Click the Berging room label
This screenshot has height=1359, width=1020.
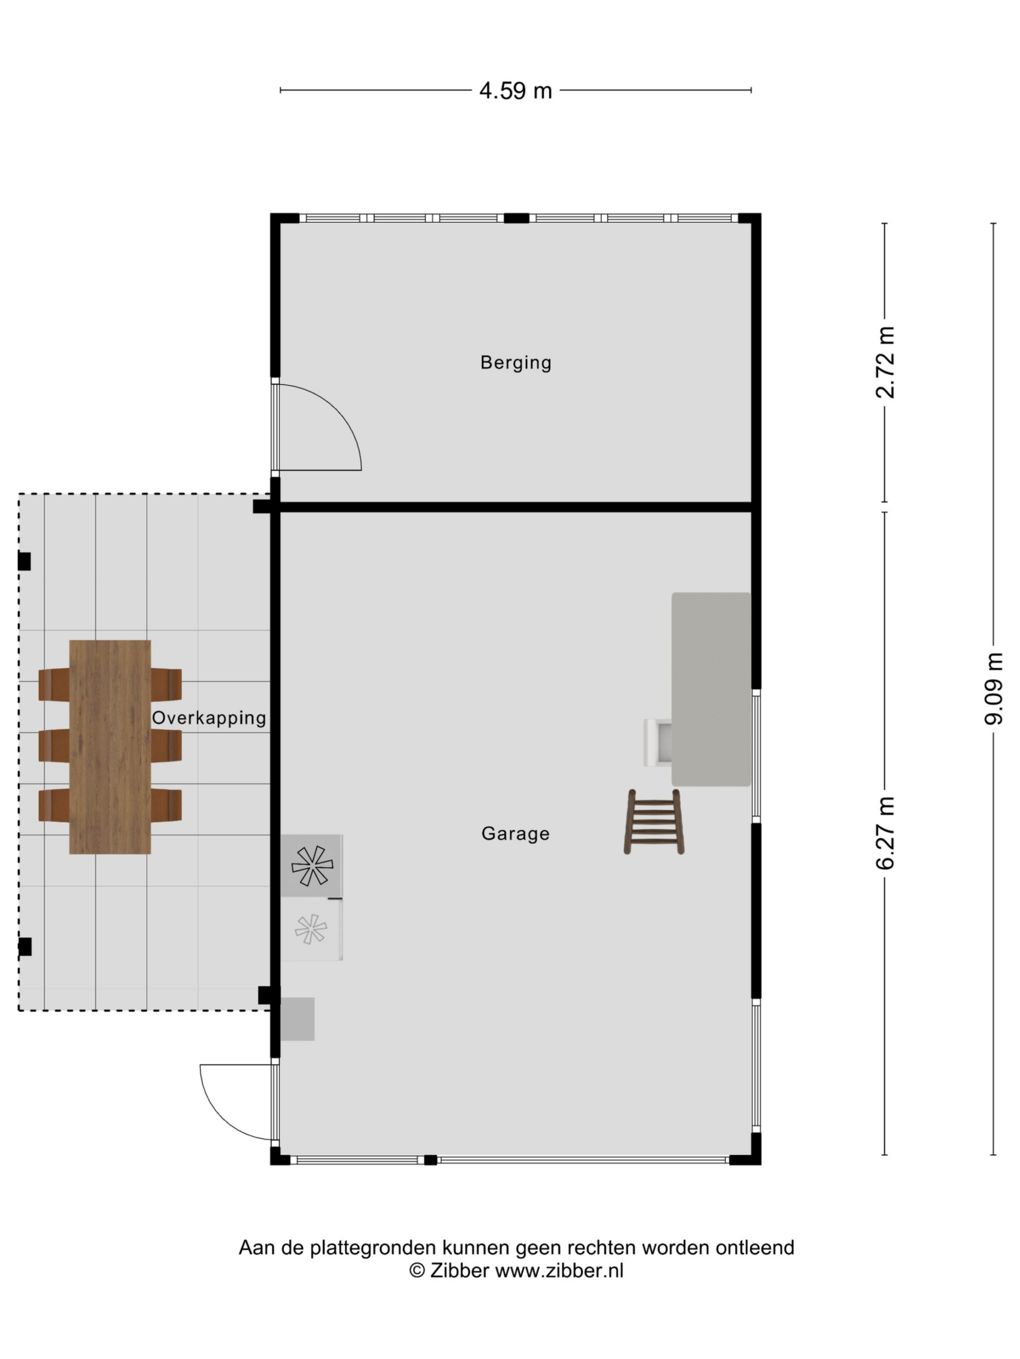(x=515, y=363)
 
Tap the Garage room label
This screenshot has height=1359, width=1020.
(x=515, y=833)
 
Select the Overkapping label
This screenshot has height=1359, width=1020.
(x=208, y=718)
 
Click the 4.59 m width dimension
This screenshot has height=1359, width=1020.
(x=515, y=91)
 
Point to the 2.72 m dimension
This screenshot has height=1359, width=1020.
(x=886, y=363)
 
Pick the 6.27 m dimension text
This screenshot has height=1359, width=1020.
(x=886, y=833)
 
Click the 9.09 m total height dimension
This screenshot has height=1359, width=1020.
(x=993, y=688)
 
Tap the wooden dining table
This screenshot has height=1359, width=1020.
(x=110, y=746)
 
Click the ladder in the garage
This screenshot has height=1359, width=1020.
(x=654, y=822)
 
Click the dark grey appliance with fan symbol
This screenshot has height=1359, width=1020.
(x=312, y=866)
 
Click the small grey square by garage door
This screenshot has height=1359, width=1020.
(x=297, y=1019)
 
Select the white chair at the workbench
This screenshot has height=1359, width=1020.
(x=657, y=743)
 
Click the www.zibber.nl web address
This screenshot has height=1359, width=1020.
(x=559, y=1270)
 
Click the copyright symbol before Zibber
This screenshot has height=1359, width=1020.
(x=417, y=1270)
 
